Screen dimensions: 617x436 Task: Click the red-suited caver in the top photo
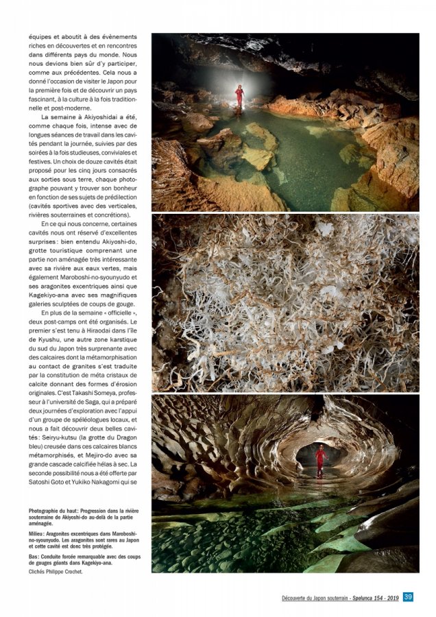(239, 95)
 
